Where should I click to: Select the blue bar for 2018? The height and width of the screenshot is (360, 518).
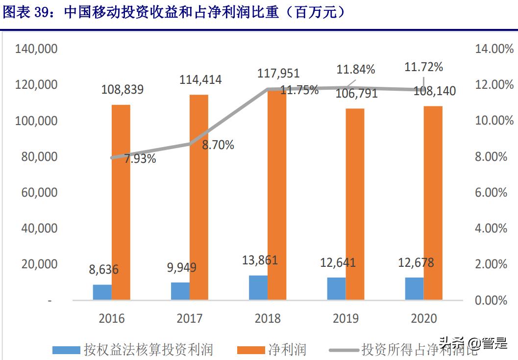(x=258, y=288)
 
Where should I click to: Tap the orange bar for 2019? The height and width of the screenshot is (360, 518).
(x=355, y=204)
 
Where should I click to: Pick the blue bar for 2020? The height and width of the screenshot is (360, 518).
(x=414, y=289)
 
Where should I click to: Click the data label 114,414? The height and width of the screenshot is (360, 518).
(x=200, y=79)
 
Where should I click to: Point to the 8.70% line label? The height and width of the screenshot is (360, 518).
(x=219, y=145)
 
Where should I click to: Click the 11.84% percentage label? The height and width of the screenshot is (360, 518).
(x=355, y=69)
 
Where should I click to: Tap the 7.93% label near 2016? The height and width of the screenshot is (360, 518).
(x=140, y=158)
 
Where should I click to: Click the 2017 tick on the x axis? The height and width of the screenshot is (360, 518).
(x=190, y=318)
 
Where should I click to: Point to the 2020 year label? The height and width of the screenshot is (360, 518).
(x=423, y=318)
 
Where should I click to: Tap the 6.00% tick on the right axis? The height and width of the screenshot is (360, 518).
(x=491, y=192)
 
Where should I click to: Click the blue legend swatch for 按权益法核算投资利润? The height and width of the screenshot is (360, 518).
(x=66, y=350)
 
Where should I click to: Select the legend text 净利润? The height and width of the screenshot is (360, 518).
(x=287, y=350)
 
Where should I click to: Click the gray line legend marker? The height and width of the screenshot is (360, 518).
(x=344, y=350)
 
